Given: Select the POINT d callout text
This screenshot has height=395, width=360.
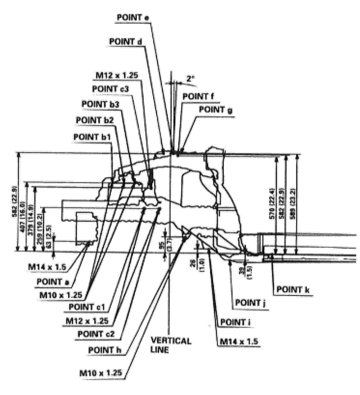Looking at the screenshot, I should [x=126, y=42].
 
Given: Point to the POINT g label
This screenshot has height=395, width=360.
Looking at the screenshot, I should [x=215, y=109].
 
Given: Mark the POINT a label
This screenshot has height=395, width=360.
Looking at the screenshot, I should [x=53, y=282].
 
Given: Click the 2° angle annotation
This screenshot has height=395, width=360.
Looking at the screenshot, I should [x=190, y=78].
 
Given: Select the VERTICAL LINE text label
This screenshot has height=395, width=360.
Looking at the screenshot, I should [x=171, y=345].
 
